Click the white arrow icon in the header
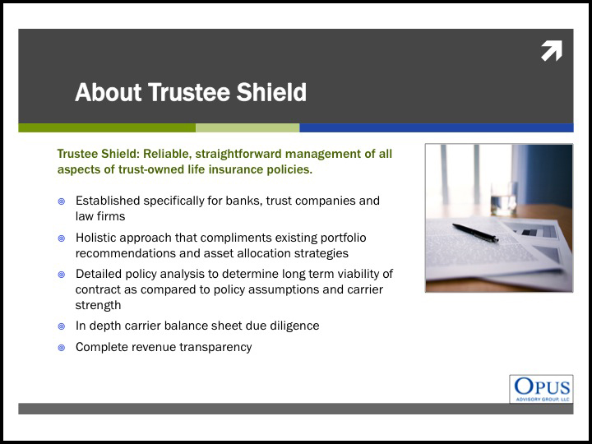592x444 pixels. (x=552, y=51)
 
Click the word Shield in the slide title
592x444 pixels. (x=271, y=92)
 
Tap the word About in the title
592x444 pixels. (x=109, y=92)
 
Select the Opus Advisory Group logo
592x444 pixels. (x=541, y=389)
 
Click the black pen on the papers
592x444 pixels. (x=475, y=232)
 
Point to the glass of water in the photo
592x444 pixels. (x=504, y=199)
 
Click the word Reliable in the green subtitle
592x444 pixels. (x=165, y=154)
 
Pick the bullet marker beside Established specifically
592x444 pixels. (x=62, y=201)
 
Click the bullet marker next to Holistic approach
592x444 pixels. (x=62, y=238)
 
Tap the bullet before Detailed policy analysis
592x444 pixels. (x=62, y=275)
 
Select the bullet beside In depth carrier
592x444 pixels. (x=62, y=326)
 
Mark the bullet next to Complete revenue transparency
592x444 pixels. (x=62, y=348)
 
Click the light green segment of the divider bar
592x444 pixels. (x=247, y=127)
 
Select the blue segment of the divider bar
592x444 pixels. (x=437, y=127)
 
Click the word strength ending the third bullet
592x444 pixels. (x=98, y=305)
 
